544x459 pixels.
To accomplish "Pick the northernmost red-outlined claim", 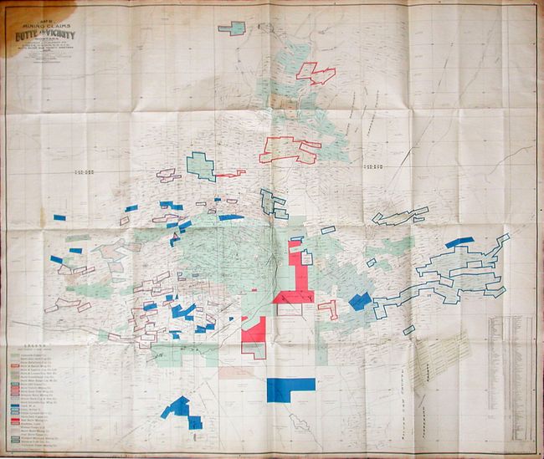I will pos(317,74).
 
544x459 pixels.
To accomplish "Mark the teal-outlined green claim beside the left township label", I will pos(200,165).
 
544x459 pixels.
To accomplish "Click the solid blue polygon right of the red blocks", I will pos(360,301).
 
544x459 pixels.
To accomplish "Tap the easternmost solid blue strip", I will pos(459,242).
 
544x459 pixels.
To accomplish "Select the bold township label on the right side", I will pos(373,170).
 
